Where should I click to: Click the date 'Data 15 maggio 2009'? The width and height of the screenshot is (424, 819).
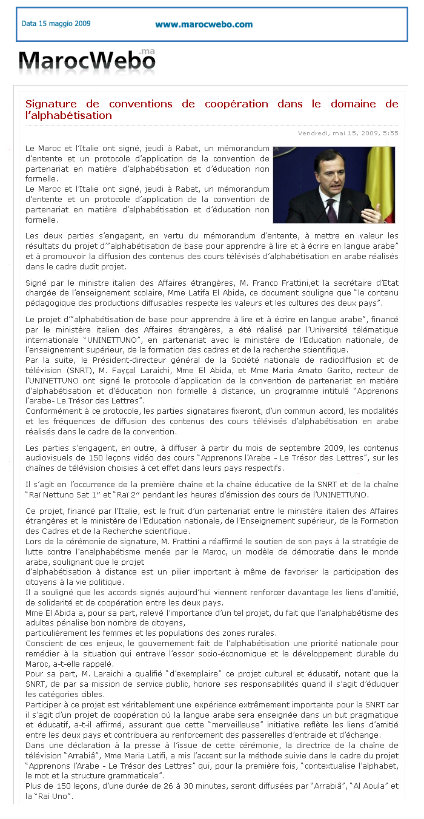(x=56, y=24)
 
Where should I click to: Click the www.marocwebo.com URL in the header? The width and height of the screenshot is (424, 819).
(x=204, y=24)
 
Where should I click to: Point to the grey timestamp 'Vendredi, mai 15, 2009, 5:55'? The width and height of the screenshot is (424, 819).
(x=348, y=133)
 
